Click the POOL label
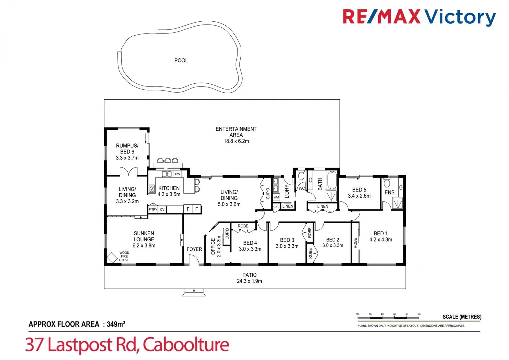[x=181, y=60]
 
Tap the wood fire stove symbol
[x=112, y=257]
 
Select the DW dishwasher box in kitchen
[x=178, y=174]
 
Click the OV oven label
[x=162, y=209]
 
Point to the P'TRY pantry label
[x=153, y=209]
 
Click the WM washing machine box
[x=276, y=197]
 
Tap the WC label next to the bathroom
[x=302, y=188]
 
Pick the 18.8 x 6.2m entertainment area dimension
[x=236, y=141]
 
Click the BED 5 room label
[x=359, y=190]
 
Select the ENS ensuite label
[x=389, y=192]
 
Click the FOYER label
[x=194, y=249]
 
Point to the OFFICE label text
[x=213, y=246]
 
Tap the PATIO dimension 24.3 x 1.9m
[x=249, y=281]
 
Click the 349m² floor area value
[x=116, y=324]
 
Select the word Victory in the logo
[x=460, y=17]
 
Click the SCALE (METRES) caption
[x=462, y=317]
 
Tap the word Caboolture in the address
[x=186, y=345]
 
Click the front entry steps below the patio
[x=194, y=293]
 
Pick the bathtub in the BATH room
[x=332, y=180]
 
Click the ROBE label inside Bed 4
[x=243, y=226]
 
